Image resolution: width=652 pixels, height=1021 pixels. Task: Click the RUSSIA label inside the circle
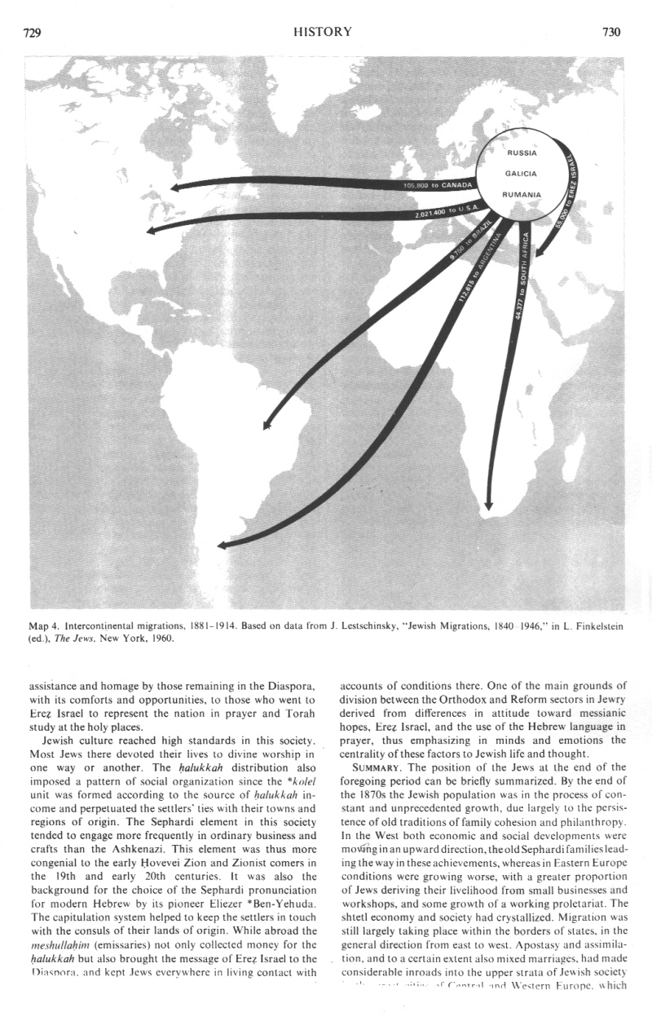(x=522, y=152)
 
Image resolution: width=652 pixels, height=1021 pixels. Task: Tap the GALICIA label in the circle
(x=521, y=173)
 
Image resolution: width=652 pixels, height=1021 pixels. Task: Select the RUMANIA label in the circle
(x=522, y=194)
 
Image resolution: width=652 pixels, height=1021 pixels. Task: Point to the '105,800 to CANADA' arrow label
(x=438, y=185)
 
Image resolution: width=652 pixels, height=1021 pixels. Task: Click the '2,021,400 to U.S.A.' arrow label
(x=445, y=213)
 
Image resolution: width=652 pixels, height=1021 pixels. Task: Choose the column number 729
(x=33, y=33)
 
